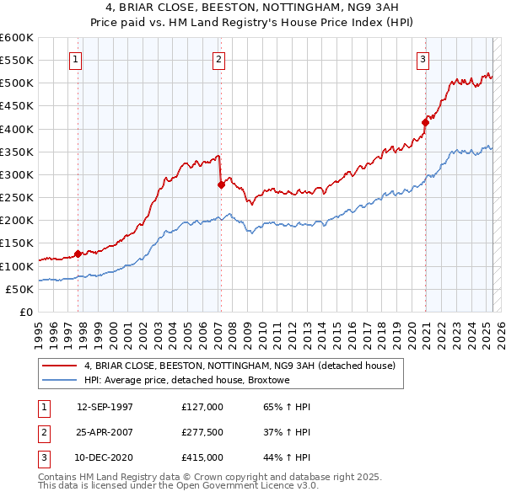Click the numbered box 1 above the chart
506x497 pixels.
tap(77, 59)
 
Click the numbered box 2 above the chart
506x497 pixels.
tap(218, 59)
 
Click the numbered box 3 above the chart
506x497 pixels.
tap(423, 59)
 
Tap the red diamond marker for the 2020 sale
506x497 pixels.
tap(425, 122)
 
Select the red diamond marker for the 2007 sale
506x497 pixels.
tap(221, 184)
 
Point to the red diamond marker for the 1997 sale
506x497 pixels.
tap(78, 253)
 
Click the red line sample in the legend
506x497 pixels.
tap(60, 366)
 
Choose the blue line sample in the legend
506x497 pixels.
tap(60, 380)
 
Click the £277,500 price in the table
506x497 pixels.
tap(202, 432)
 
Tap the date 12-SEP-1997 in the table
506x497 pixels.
tap(105, 407)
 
